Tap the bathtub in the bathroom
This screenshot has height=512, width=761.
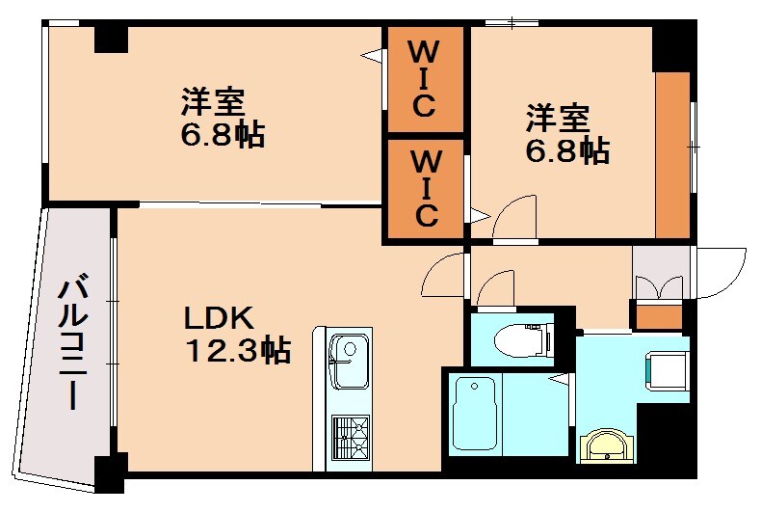[475, 413]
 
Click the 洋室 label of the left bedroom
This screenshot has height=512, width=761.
[214, 101]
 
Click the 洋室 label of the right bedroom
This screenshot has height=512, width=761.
[557, 119]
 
